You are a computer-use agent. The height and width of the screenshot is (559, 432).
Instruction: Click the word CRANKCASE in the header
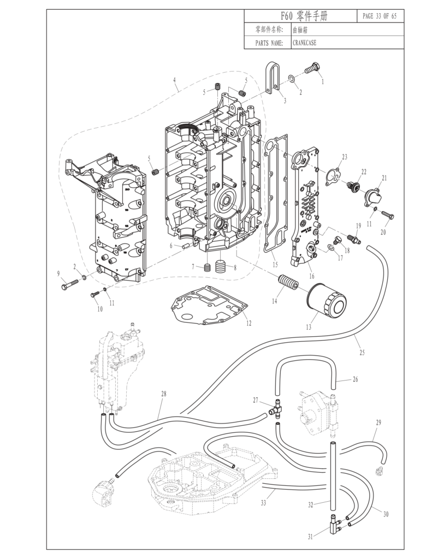(x=304, y=43)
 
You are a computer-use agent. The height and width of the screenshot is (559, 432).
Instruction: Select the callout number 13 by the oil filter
(x=309, y=328)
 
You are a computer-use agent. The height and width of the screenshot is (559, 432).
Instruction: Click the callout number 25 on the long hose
(x=362, y=353)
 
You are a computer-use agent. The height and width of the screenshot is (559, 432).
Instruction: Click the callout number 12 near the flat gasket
(x=248, y=323)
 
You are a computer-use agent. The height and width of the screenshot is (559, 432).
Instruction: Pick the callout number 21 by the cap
(x=384, y=178)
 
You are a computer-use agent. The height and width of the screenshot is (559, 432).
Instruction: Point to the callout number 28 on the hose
(x=163, y=394)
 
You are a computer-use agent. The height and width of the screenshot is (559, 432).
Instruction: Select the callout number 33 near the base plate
(x=264, y=503)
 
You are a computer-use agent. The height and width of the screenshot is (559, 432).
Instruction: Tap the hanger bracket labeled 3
(x=273, y=78)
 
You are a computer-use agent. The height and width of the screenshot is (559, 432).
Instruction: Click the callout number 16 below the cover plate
(x=312, y=277)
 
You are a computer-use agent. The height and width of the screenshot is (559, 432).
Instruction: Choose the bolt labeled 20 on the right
(x=388, y=216)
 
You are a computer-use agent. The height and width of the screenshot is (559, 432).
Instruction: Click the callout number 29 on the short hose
(x=378, y=423)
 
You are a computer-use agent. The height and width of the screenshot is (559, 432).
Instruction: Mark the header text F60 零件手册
(x=300, y=16)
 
